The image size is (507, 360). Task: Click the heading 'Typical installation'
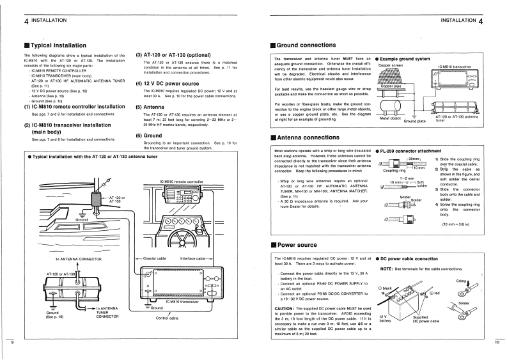click(58, 45)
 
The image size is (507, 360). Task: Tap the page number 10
click(497, 343)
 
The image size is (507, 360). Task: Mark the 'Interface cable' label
click(196, 259)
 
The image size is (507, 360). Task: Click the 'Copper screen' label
click(391, 65)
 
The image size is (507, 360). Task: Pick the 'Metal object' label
click(390, 118)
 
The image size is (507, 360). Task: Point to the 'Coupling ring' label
click(393, 171)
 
